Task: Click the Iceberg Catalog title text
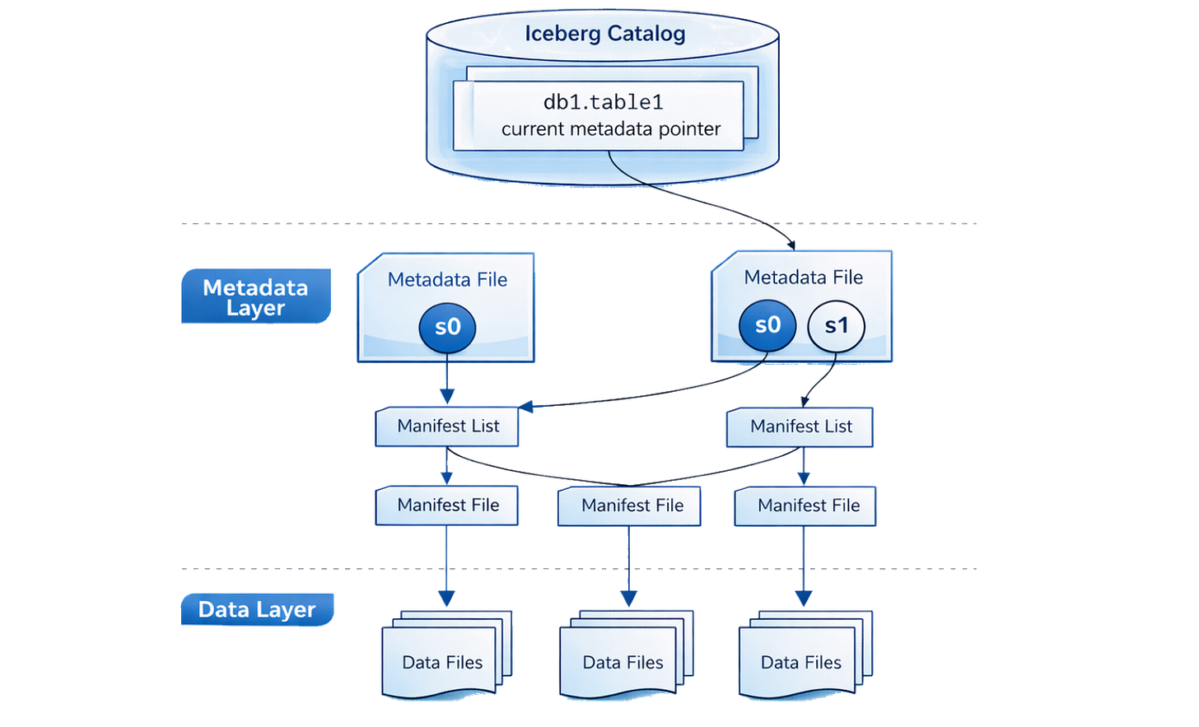[605, 34]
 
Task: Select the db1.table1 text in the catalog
[603, 102]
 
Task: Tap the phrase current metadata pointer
[610, 129]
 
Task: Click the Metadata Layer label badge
[256, 296]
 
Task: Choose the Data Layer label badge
[257, 609]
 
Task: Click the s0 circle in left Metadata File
[447, 327]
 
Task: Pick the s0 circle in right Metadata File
[767, 325]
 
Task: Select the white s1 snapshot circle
[836, 325]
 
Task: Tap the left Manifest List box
[447, 426]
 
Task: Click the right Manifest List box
[800, 426]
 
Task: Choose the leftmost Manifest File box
[447, 506]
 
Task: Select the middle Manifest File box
[631, 506]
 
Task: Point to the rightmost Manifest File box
[807, 506]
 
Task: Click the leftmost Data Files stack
[444, 661]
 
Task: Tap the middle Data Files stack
[623, 661]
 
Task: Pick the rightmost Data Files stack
[802, 661]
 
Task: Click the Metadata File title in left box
[447, 280]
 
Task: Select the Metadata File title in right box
[803, 277]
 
